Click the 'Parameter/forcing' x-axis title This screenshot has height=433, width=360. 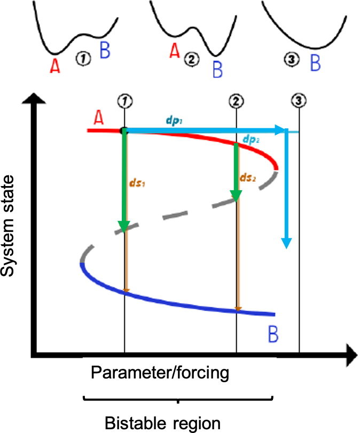point(160,373)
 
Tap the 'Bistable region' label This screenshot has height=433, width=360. point(162,423)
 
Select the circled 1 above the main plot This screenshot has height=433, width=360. point(124,100)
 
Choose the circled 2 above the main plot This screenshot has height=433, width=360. point(236,100)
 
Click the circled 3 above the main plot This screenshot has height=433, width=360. point(299,100)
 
